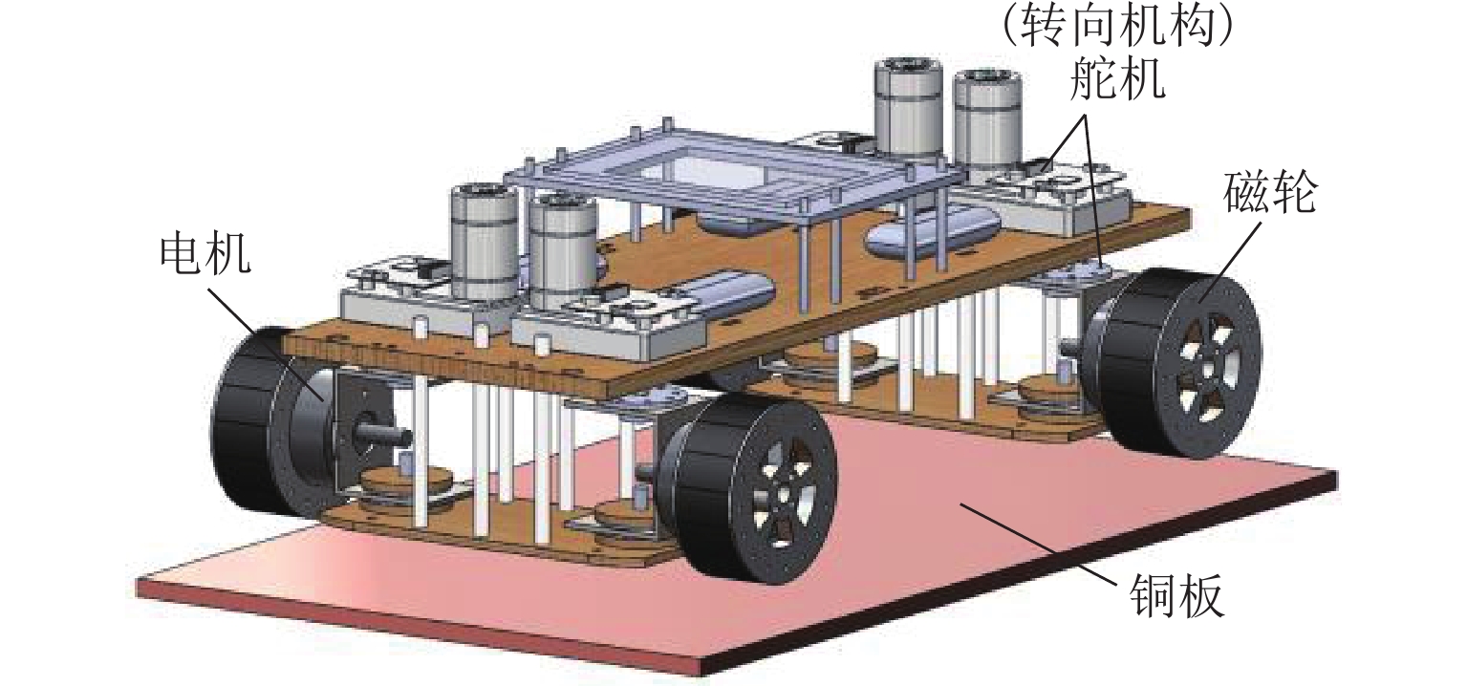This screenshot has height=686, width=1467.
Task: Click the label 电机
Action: [x=205, y=255]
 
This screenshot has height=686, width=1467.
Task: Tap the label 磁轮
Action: [x=1268, y=195]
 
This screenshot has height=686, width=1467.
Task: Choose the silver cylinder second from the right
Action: [x=909, y=110]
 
